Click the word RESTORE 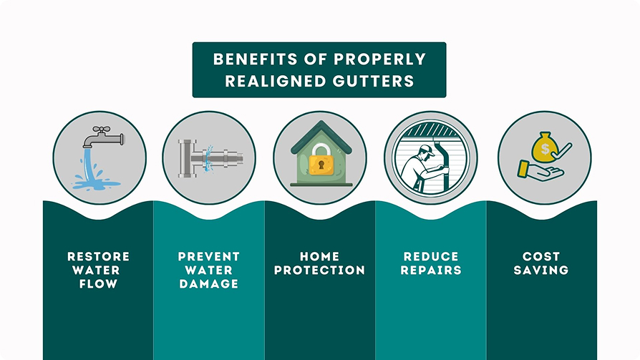coord(98,256)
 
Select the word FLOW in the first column coord(98,284)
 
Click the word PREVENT coord(209,256)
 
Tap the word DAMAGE coord(209,284)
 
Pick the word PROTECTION coord(320,271)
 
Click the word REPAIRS coord(431,271)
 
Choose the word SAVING coord(541,271)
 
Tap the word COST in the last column coord(541,256)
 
